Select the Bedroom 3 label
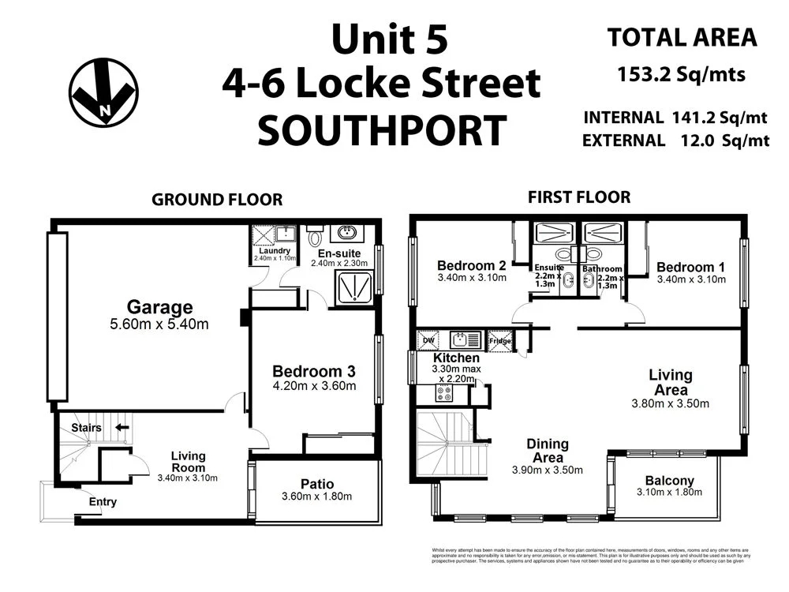(x=314, y=371)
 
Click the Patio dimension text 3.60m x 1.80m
(x=316, y=496)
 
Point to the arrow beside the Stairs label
(x=122, y=428)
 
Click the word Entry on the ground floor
(x=103, y=501)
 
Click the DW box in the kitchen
(x=428, y=339)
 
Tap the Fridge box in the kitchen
(x=500, y=340)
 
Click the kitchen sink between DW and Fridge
(x=465, y=340)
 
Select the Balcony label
(x=669, y=481)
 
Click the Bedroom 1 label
(x=690, y=267)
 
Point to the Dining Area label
(x=548, y=451)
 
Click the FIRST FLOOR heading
(x=580, y=197)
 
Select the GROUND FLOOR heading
(x=217, y=200)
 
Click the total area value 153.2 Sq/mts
(x=680, y=76)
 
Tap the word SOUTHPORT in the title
(x=382, y=130)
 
